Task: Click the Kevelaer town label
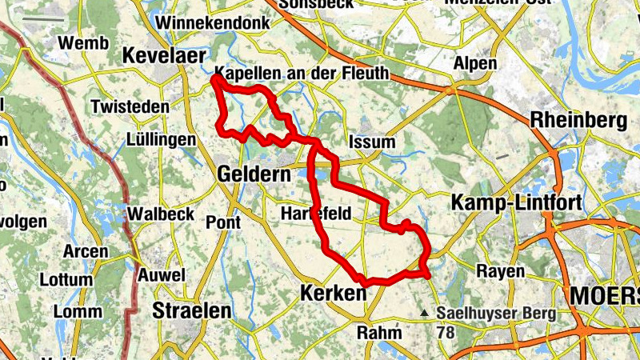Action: tap(164, 56)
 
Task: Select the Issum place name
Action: tap(373, 142)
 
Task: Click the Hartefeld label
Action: tap(316, 214)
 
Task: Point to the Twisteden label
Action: tap(130, 106)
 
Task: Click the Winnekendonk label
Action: tap(210, 22)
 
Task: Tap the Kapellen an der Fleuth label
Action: tap(303, 74)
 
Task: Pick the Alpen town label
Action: tap(475, 63)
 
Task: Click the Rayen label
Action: tap(500, 271)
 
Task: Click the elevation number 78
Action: tap(446, 329)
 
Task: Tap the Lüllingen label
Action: tap(161, 140)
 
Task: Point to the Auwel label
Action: tap(162, 275)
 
